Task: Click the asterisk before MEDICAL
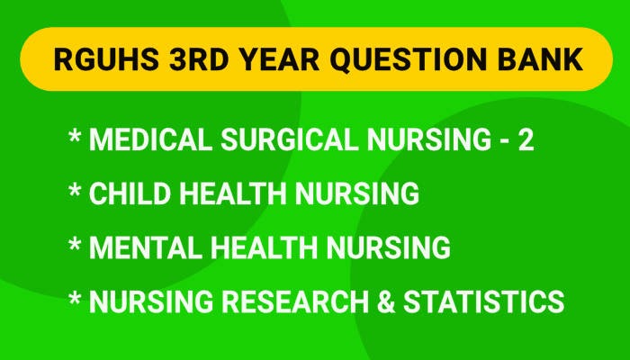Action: pos(75,137)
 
